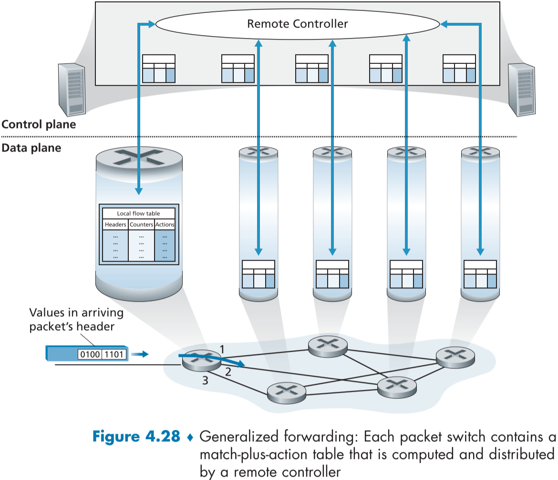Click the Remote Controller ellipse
(x=298, y=24)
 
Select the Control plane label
(x=39, y=125)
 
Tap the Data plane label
(x=31, y=148)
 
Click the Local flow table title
(x=138, y=213)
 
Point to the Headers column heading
(x=115, y=224)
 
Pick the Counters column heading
(x=142, y=224)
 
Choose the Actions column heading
(x=165, y=224)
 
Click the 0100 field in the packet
(x=90, y=354)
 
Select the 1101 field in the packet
(x=114, y=354)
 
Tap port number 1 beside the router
(x=222, y=349)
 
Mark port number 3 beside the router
(x=205, y=380)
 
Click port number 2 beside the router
(x=228, y=372)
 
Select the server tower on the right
(x=521, y=89)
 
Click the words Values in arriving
(x=76, y=313)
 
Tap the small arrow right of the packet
(x=141, y=354)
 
